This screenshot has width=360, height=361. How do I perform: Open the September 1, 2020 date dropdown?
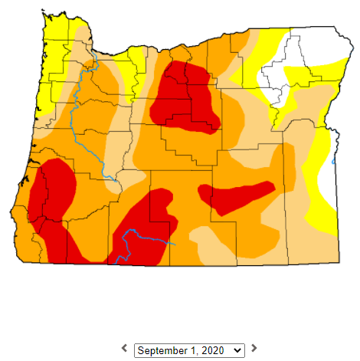tap(189, 350)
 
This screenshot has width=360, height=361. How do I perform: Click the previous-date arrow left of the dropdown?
tap(124, 349)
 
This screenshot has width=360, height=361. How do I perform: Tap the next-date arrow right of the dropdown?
tap(254, 349)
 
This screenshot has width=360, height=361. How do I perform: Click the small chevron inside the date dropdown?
tap(237, 350)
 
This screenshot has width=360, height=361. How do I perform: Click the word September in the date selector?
tap(161, 350)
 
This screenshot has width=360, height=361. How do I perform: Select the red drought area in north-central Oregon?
tap(184, 96)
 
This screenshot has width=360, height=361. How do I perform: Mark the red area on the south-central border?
tap(142, 230)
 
